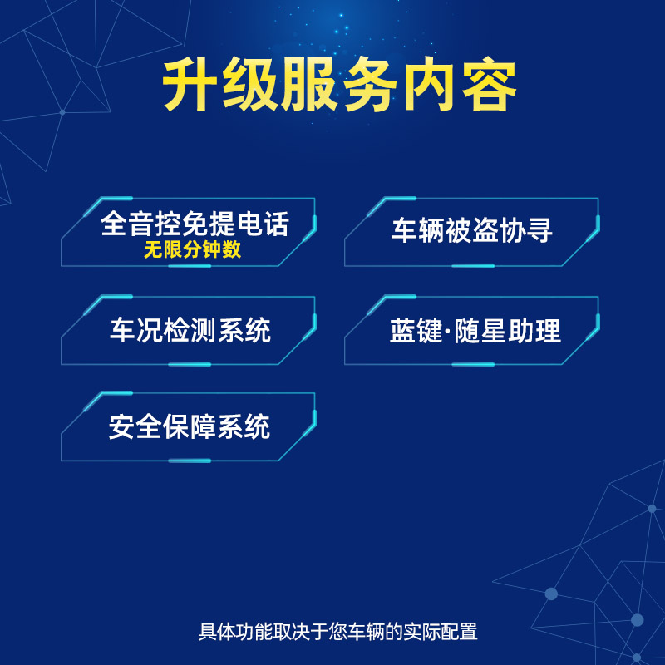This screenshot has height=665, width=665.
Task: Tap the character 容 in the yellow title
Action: [489, 85]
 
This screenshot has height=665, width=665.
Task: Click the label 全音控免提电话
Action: [195, 224]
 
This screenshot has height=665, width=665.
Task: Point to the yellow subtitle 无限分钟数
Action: [193, 249]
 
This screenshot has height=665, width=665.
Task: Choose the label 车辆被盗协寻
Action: [472, 230]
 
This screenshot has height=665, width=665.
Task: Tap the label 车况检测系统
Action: [190, 330]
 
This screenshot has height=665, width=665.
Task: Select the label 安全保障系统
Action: [190, 426]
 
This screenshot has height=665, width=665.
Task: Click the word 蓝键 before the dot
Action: [416, 331]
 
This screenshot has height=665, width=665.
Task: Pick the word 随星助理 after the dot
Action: [508, 331]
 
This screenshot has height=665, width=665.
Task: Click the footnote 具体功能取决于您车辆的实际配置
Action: [338, 632]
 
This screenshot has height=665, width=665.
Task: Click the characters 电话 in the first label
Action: [263, 224]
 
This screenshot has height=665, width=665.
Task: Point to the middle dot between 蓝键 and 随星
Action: [448, 330]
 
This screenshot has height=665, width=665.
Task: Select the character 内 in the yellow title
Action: [429, 85]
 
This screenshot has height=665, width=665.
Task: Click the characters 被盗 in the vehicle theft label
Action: [472, 230]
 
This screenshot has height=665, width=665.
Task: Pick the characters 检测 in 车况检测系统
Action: [190, 330]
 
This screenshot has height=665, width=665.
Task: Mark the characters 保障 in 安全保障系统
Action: [190, 426]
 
